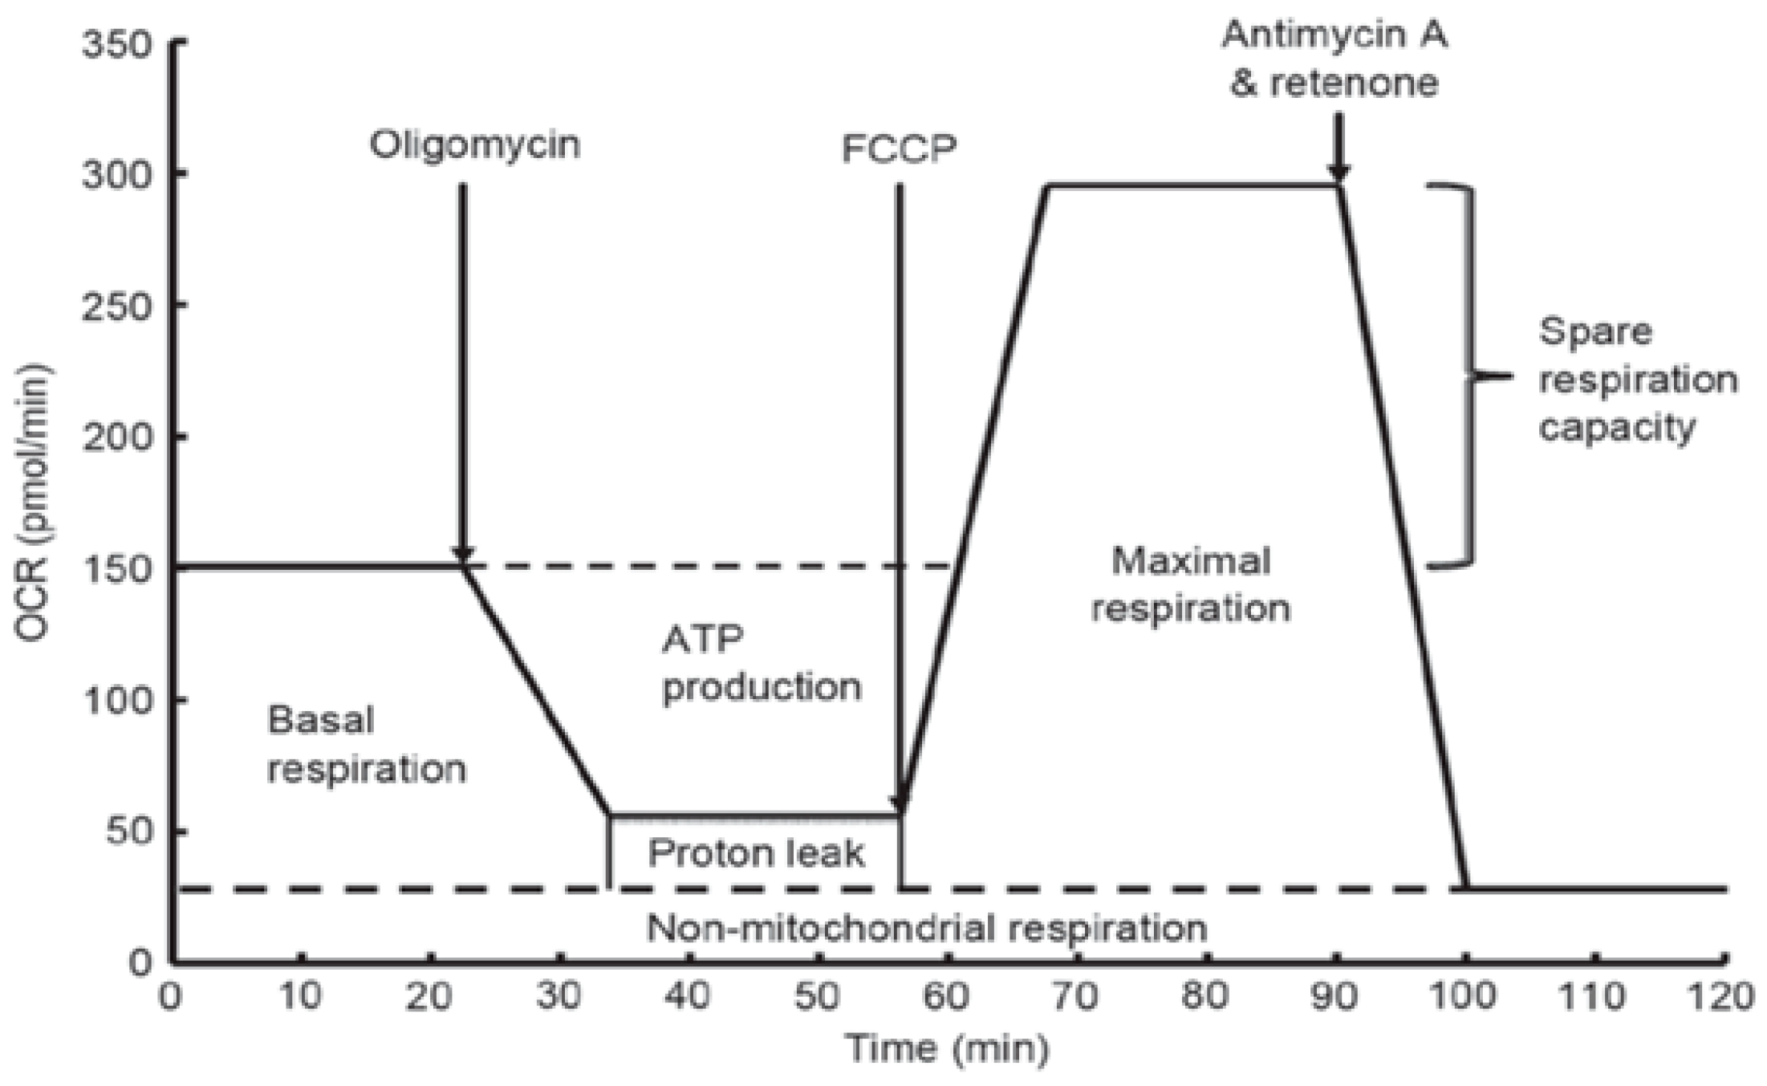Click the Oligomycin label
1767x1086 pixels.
coord(474,145)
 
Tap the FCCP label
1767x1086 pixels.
coord(899,149)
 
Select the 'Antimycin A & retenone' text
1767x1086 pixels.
coord(1334,59)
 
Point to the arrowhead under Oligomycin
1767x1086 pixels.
coord(462,554)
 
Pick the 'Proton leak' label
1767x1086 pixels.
coord(756,853)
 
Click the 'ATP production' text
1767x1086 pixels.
coord(761,664)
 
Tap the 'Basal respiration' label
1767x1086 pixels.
coord(365,744)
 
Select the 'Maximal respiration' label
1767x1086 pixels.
coord(1191,584)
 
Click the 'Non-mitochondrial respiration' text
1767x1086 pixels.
coord(927,929)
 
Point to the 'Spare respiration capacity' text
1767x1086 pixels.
coord(1637,379)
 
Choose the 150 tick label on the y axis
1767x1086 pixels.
coord(116,569)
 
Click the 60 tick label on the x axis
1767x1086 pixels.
coord(947,997)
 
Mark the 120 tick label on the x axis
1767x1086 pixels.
coord(1723,997)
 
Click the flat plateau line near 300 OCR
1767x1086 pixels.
coord(1191,186)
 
